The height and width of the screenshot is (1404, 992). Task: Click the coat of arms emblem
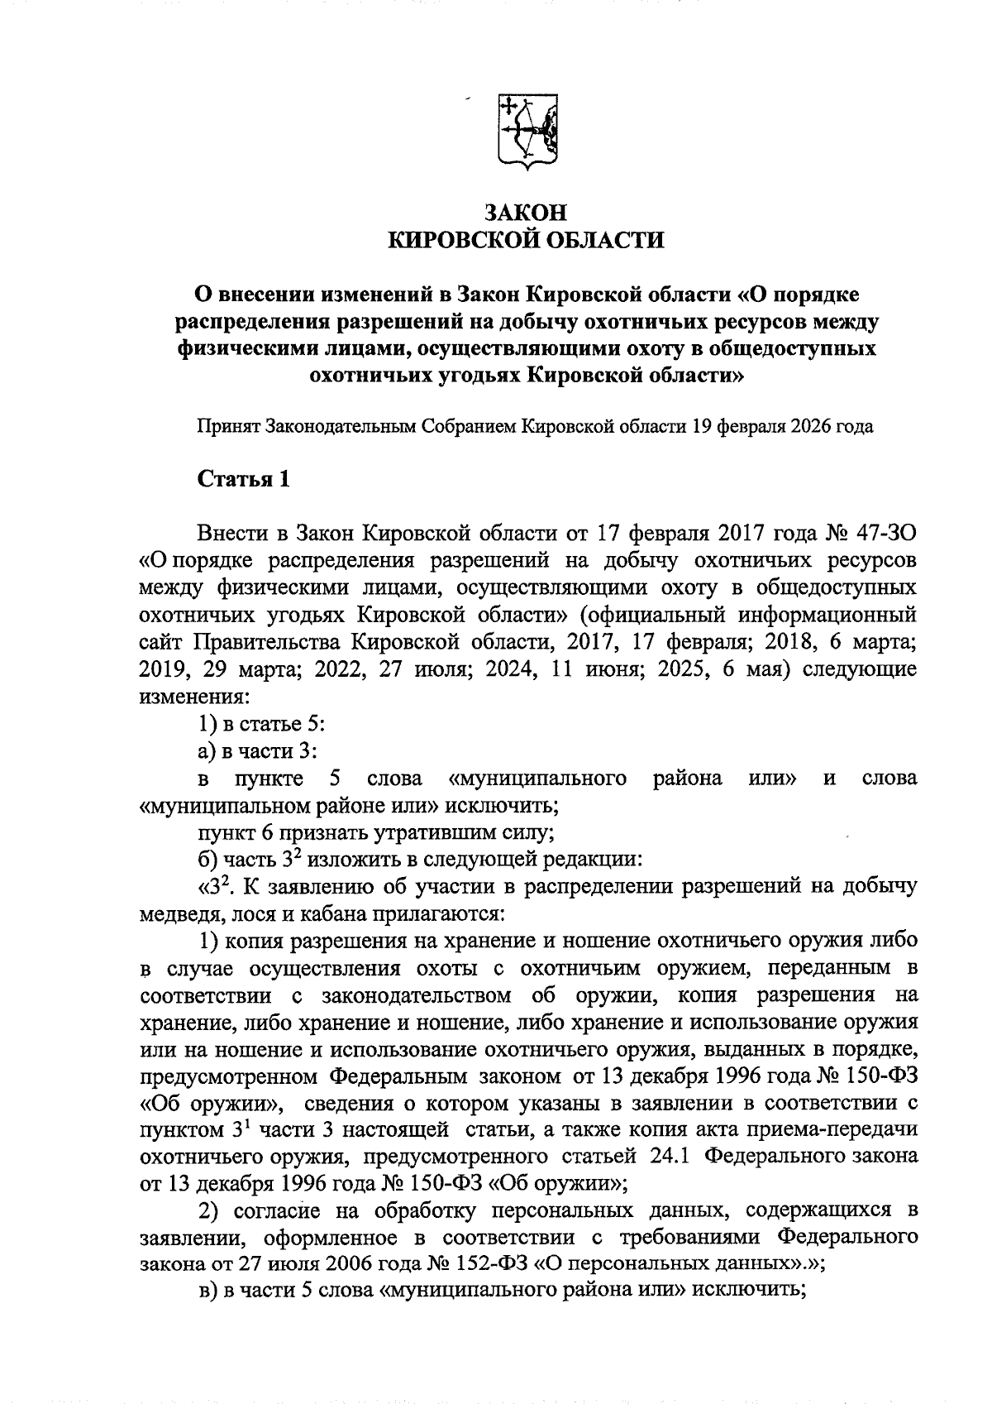527,132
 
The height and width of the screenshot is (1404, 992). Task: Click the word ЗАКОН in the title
527,213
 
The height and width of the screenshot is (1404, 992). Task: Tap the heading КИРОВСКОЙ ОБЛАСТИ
527,241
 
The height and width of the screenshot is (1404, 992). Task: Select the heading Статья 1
243,480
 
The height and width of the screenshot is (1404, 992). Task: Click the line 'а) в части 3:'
258,751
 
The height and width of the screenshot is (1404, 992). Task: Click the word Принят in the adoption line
228,427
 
